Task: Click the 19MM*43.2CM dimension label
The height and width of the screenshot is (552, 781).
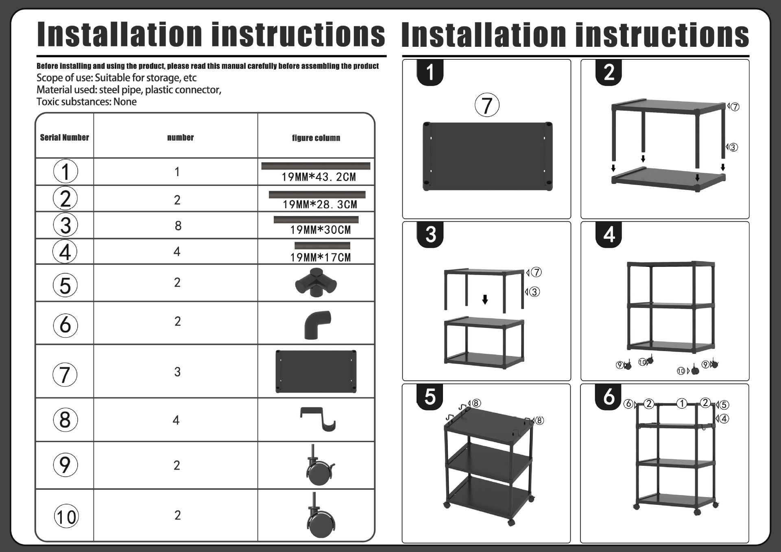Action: click(x=319, y=177)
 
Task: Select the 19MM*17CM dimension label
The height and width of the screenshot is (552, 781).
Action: click(x=320, y=257)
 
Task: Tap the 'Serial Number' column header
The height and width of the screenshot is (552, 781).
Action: click(x=64, y=137)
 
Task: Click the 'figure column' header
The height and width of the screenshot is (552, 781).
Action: click(x=316, y=138)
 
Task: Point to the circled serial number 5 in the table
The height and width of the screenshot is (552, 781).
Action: click(x=65, y=285)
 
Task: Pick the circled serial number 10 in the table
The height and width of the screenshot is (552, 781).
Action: click(x=66, y=517)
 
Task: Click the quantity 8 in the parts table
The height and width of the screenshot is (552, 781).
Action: click(x=178, y=226)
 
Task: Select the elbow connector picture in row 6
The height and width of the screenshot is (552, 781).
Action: click(x=317, y=325)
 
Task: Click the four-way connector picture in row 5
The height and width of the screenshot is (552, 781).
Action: click(x=316, y=282)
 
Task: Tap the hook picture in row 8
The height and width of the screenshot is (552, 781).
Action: click(x=318, y=419)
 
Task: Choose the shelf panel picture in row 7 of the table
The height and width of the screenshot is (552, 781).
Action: click(x=316, y=371)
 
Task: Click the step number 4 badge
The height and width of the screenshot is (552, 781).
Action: click(x=609, y=235)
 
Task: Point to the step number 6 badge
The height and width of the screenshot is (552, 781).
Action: click(x=608, y=397)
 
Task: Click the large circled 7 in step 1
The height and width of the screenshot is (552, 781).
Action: click(x=487, y=105)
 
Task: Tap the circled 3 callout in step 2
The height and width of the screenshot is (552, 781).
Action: click(x=733, y=147)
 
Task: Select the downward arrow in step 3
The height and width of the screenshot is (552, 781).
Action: click(x=485, y=300)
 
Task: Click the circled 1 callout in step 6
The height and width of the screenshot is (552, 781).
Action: click(x=681, y=403)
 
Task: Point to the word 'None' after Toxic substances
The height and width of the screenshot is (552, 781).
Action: click(x=125, y=102)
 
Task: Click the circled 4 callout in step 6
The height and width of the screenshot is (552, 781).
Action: click(x=724, y=419)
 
